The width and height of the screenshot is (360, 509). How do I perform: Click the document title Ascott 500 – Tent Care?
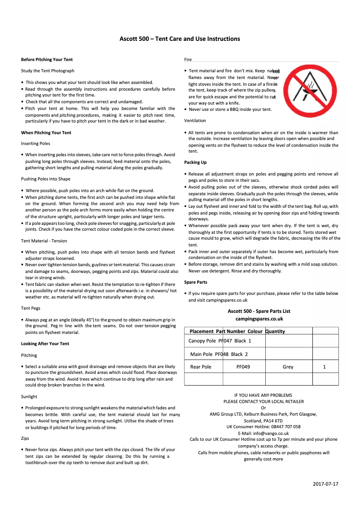180,39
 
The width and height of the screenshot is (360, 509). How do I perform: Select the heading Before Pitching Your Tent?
47,59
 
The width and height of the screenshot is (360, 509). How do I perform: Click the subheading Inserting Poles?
35,144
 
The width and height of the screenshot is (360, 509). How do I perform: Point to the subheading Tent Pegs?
31,308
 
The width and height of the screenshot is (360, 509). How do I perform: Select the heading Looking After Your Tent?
45,344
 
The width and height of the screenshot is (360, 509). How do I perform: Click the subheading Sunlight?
29,397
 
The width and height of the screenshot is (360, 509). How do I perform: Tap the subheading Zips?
25,439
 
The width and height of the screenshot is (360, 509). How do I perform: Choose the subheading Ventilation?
195,121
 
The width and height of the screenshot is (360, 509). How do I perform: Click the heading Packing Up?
195,162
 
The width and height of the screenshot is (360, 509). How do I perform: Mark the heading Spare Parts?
196,282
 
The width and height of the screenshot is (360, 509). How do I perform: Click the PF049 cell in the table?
243,367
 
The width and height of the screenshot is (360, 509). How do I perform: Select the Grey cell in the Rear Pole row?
288,367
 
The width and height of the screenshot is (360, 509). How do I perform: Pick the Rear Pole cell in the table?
200,367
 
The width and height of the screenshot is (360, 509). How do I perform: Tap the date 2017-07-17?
325,484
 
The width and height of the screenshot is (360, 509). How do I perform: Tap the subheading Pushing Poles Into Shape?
46,179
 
